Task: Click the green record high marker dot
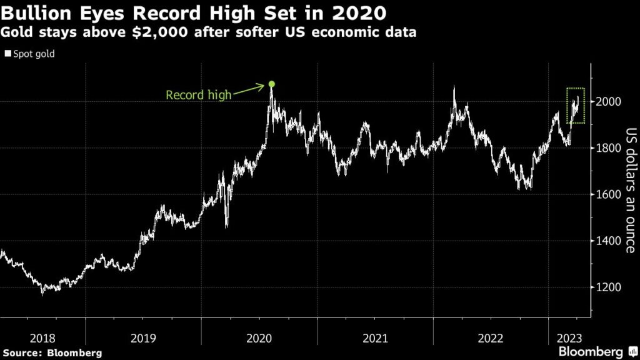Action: tap(271, 84)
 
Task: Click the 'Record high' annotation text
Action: tap(198, 96)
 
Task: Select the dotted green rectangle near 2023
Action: tap(576, 106)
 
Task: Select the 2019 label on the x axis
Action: tap(144, 338)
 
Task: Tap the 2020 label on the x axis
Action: tap(259, 338)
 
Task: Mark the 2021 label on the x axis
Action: tap(375, 338)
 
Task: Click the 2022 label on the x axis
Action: tap(491, 338)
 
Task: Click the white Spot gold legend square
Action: tap(7, 54)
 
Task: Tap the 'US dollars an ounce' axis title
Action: tap(630, 191)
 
